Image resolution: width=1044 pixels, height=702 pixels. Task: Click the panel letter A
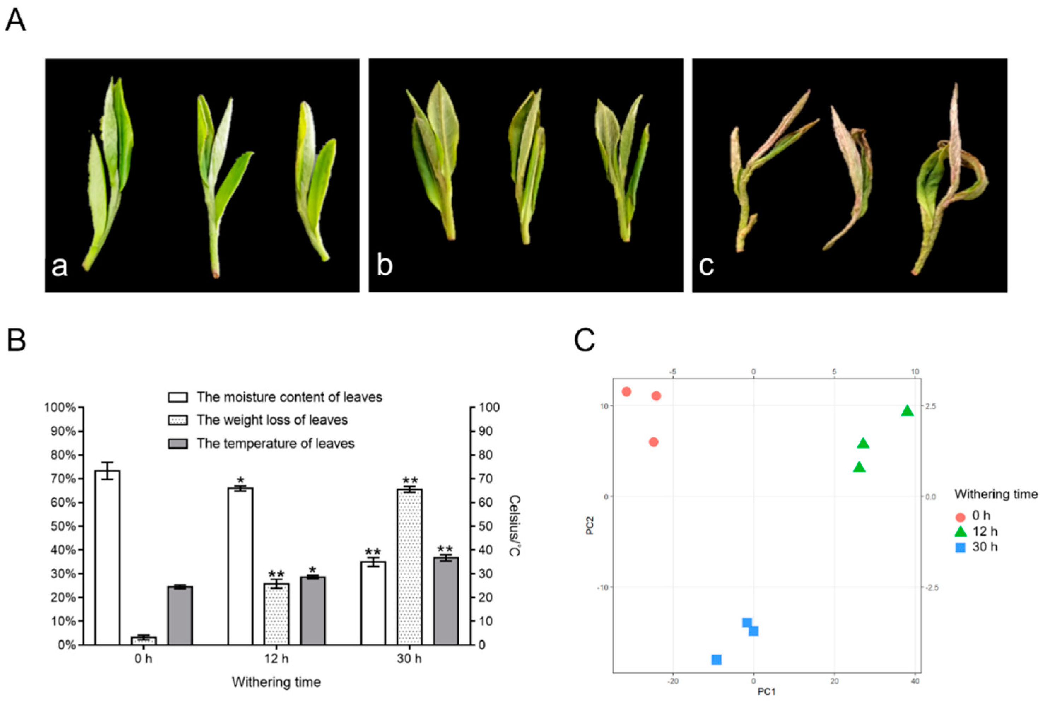[16, 21]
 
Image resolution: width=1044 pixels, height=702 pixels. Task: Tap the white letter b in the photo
[385, 265]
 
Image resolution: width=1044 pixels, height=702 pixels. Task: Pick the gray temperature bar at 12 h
[313, 611]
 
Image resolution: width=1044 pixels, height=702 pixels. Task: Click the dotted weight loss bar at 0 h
[143, 640]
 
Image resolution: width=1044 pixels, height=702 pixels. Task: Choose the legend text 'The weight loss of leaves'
[272, 420]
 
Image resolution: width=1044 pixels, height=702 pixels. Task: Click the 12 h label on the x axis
[276, 659]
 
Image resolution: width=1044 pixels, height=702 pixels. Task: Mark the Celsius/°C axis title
[514, 526]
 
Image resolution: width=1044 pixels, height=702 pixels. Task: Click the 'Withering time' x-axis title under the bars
[276, 682]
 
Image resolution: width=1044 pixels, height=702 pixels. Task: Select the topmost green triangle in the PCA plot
[907, 410]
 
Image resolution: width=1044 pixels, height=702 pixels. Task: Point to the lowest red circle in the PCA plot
[653, 442]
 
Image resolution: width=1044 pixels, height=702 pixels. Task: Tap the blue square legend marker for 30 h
[960, 547]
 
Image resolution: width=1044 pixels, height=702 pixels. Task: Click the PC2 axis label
[590, 526]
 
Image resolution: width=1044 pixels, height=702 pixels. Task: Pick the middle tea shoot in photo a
[219, 179]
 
